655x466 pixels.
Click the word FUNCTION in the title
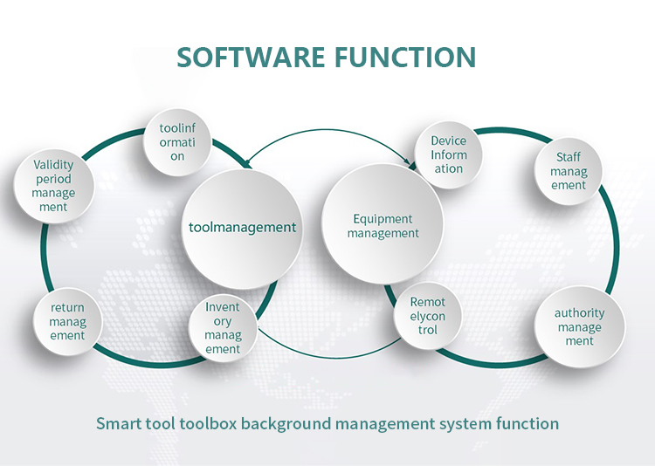(x=405, y=57)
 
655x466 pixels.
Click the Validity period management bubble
(x=53, y=185)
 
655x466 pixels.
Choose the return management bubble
(x=67, y=321)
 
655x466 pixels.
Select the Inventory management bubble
(x=223, y=328)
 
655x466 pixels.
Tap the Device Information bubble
(x=449, y=154)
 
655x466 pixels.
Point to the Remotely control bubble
(x=428, y=316)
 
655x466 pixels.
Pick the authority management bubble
(x=579, y=326)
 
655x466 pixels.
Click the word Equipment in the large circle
(x=383, y=219)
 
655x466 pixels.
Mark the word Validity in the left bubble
(x=53, y=164)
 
